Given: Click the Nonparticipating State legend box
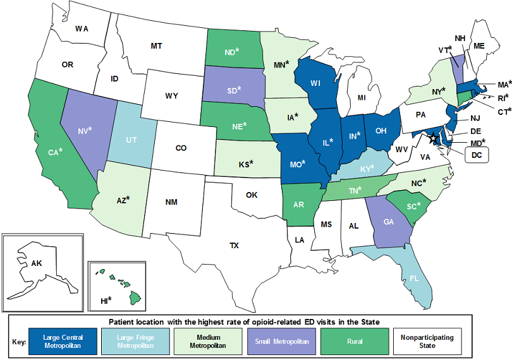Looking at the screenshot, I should tap(427, 342).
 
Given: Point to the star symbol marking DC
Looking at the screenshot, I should tap(433, 138).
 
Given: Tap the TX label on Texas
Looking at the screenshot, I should tap(234, 245).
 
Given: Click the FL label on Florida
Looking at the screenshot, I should tap(413, 277).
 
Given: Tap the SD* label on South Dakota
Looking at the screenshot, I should tap(234, 90).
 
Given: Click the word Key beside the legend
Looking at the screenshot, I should tap(19, 342).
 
